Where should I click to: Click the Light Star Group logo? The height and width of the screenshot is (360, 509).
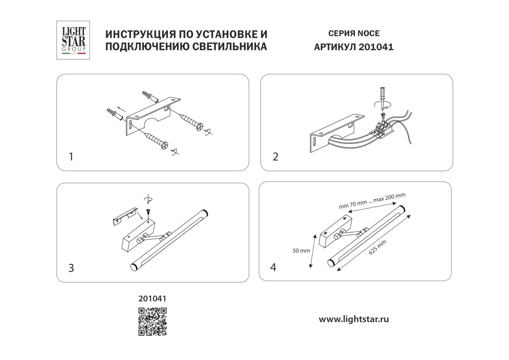pyautogui.click(x=74, y=40)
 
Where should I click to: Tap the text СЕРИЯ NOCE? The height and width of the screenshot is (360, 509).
pyautogui.click(x=354, y=33)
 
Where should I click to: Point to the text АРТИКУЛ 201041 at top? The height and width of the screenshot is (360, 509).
pyautogui.click(x=354, y=47)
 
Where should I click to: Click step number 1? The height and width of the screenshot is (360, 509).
pyautogui.click(x=71, y=157)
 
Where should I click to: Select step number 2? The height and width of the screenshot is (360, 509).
pyautogui.click(x=275, y=157)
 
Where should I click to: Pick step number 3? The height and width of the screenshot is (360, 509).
pyautogui.click(x=71, y=268)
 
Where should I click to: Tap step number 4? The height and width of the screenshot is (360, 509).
pyautogui.click(x=273, y=267)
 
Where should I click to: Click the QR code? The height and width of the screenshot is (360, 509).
pyautogui.click(x=152, y=321)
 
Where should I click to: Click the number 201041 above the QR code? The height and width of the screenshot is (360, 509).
pyautogui.click(x=152, y=299)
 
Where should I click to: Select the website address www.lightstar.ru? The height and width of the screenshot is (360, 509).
pyautogui.click(x=354, y=319)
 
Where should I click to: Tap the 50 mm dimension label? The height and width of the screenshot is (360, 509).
pyautogui.click(x=302, y=250)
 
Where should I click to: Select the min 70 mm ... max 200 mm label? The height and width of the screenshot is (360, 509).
pyautogui.click(x=372, y=201)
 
